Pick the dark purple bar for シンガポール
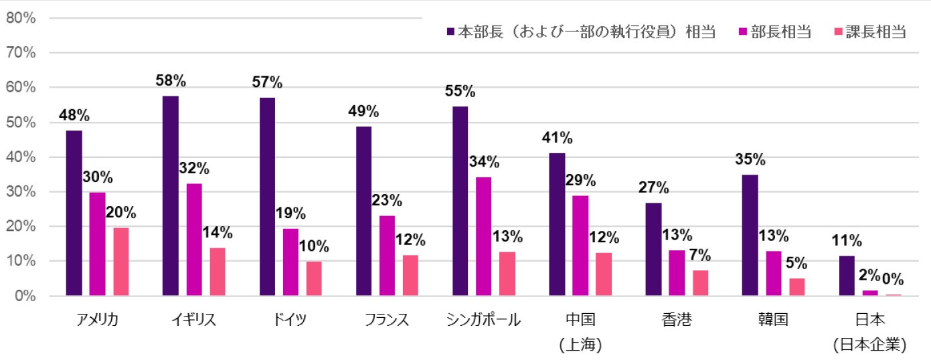pos(460,201)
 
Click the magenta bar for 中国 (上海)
pos(580,246)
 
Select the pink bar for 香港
pos(700,283)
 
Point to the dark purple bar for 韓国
pos(750,235)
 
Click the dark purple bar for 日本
pos(847,276)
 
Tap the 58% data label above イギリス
pos(170,81)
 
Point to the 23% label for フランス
pos(387,200)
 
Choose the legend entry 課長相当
pos(875,31)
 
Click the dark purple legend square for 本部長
pos(451,31)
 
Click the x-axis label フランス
pos(386,320)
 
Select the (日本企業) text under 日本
pos(870,345)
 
